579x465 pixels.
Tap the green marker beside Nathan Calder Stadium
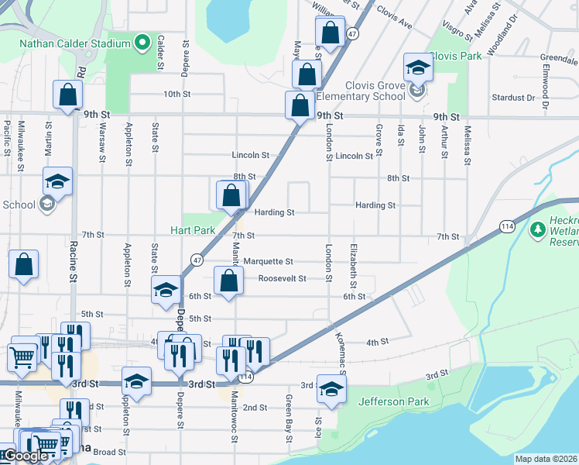point(142,43)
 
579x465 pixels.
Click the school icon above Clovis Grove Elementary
point(418,68)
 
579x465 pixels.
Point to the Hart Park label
point(193,231)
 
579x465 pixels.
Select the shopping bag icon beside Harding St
point(231,195)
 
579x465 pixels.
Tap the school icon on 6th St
point(165,292)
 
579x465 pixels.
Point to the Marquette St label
point(268,262)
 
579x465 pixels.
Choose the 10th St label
point(176,95)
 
